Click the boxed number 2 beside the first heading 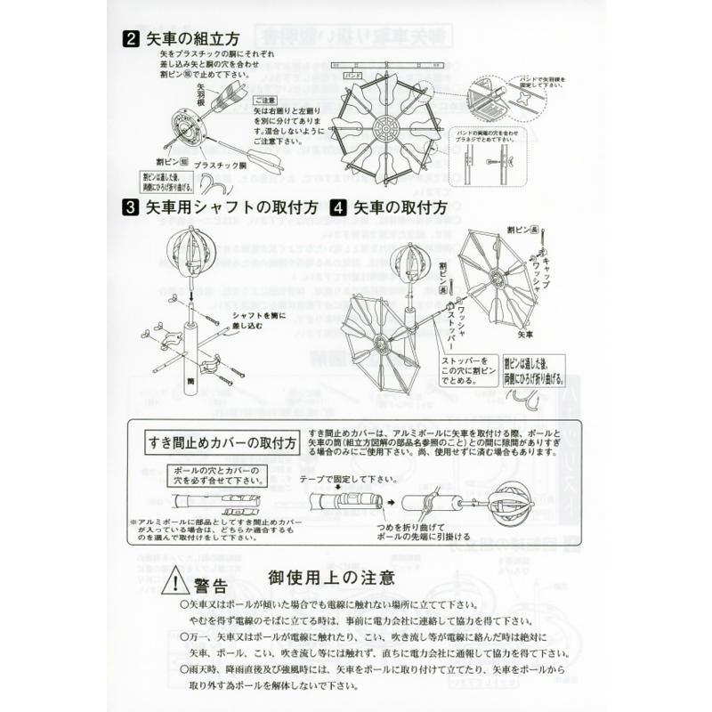(x=131, y=39)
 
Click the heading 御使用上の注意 (x=331, y=578)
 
